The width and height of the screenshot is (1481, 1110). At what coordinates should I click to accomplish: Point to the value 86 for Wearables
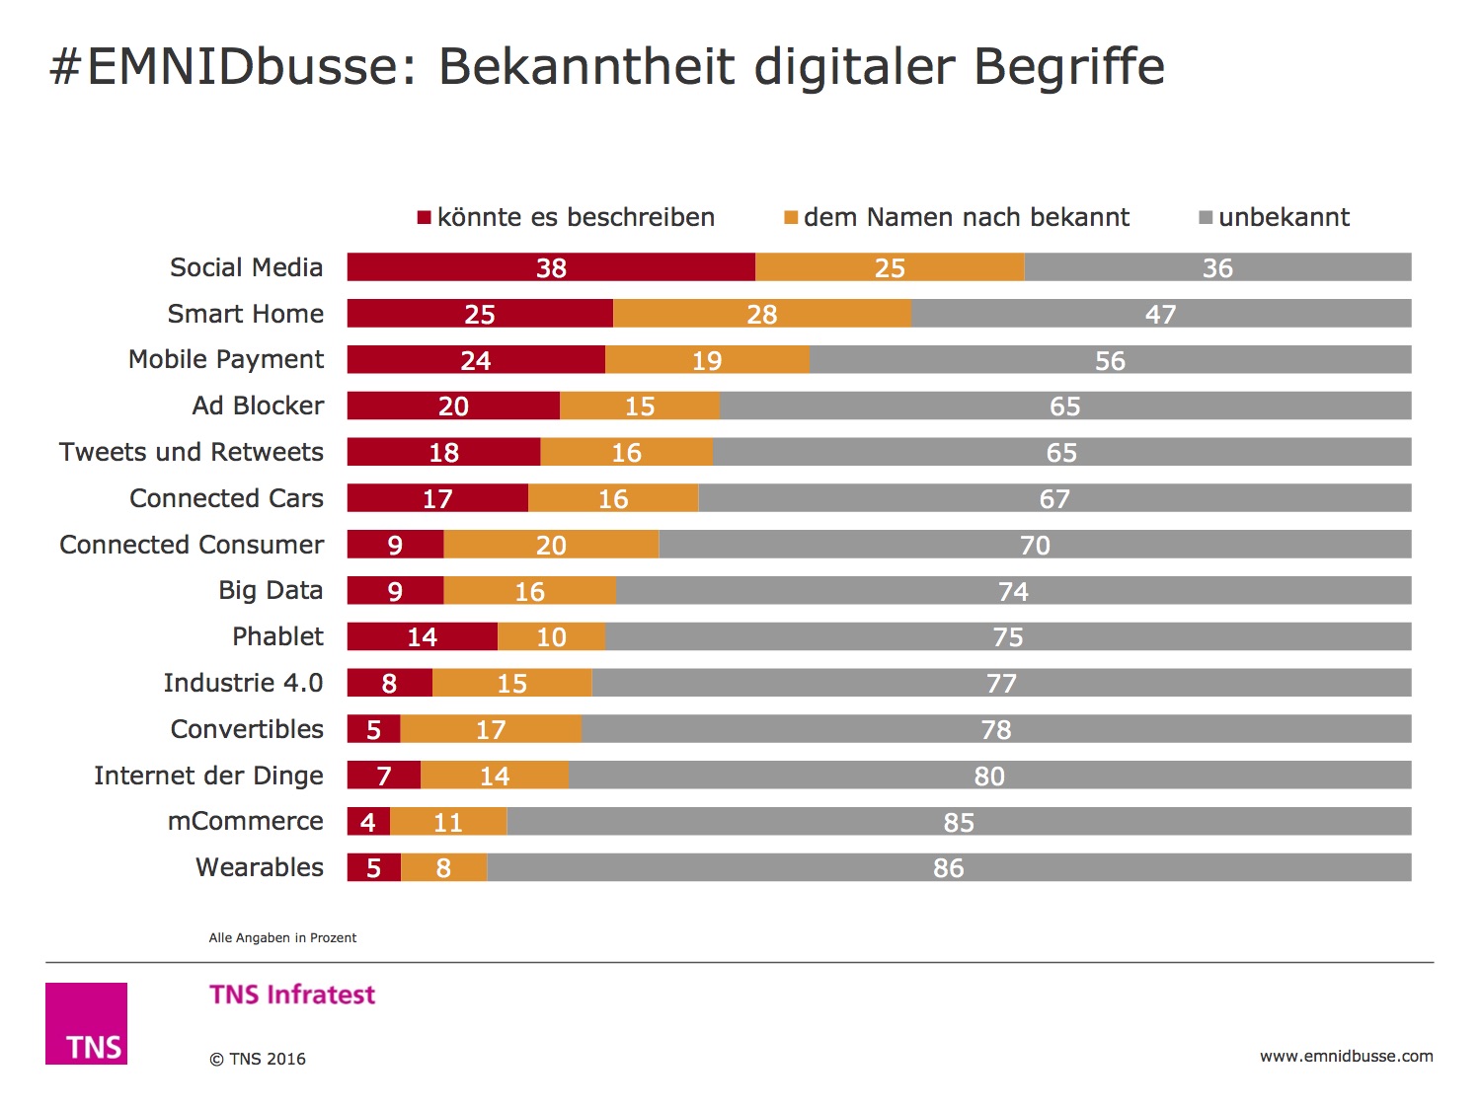point(948,868)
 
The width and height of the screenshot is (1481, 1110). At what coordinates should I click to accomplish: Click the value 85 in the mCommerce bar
point(959,822)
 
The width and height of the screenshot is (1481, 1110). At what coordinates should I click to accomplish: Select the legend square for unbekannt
point(1206,217)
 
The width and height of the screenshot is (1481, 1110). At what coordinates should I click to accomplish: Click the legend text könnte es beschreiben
point(576,217)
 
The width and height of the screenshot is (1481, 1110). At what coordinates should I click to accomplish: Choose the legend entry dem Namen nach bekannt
point(966,217)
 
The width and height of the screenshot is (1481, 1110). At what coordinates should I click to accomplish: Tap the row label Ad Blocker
point(258,406)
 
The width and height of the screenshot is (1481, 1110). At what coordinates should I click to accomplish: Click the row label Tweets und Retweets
point(192,452)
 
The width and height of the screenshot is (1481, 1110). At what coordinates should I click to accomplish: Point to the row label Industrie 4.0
point(243,683)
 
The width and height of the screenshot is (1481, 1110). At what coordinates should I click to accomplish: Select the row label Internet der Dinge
point(208,776)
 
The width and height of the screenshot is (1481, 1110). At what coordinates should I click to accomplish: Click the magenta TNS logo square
point(86,1023)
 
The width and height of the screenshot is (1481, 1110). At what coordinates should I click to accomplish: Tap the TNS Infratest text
point(292,995)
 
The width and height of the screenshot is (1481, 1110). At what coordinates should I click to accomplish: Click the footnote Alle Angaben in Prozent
point(282,937)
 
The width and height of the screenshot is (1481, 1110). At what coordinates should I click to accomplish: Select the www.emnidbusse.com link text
point(1346,1056)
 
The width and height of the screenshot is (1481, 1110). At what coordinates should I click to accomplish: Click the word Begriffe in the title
point(1069,67)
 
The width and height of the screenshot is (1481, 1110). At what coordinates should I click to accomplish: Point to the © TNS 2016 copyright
point(258,1059)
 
